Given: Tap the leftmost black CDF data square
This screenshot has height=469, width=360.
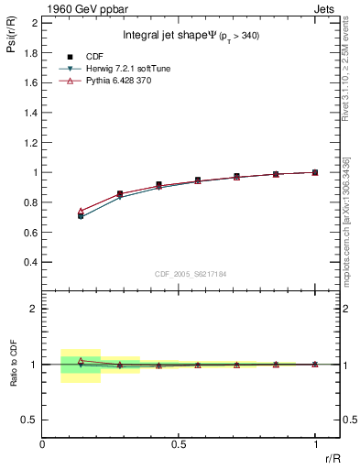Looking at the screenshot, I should point(81,215).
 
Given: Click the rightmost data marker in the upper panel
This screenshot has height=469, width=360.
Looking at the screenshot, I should point(315,172).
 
